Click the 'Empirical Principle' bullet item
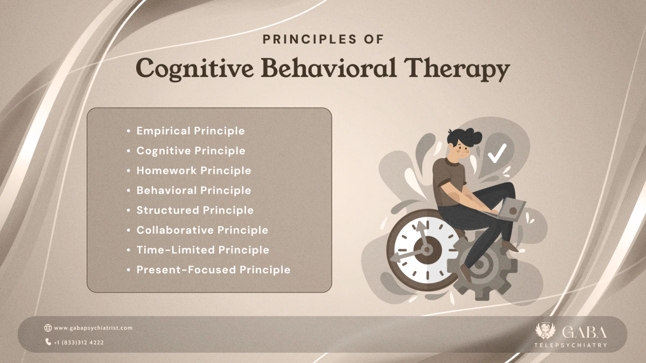191,131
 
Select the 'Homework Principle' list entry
194,170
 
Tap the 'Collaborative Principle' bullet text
202,230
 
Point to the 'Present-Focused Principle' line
213,270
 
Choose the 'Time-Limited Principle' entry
202,250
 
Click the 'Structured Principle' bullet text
195,210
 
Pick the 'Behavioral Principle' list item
194,190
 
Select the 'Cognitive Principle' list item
191,151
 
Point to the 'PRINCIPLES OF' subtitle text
322,39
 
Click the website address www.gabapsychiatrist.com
93,328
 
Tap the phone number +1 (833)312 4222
79,342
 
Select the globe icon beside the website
48,328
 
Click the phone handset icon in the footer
48,342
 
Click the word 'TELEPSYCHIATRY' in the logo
571,345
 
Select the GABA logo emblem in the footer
544,332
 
